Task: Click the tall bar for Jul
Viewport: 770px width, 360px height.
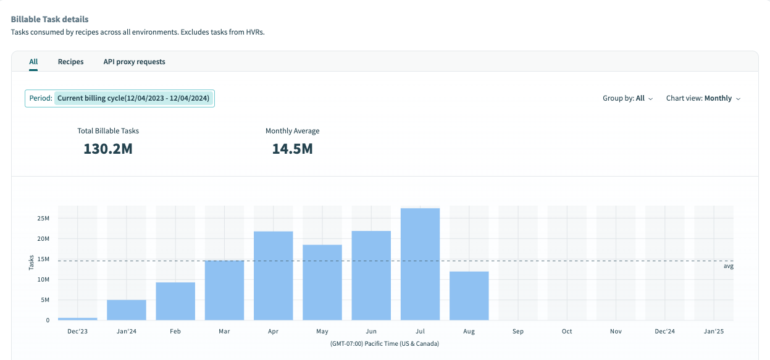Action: point(420,264)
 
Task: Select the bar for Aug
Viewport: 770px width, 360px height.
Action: point(469,295)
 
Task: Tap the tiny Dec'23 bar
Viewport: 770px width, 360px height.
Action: point(78,319)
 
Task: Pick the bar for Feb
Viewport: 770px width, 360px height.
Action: point(175,301)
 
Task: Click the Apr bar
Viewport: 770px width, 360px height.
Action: point(274,275)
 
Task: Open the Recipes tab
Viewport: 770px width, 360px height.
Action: point(71,62)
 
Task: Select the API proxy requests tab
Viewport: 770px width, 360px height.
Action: point(134,62)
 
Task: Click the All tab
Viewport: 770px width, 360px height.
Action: point(33,62)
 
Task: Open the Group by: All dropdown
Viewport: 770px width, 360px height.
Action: point(627,98)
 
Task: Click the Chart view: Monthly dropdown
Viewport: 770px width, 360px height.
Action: point(703,98)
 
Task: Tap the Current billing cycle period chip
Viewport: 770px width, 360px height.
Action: point(134,98)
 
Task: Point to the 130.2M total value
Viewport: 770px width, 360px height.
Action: point(108,149)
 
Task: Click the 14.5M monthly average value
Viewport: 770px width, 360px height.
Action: point(292,149)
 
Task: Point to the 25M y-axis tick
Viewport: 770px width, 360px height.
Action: point(43,219)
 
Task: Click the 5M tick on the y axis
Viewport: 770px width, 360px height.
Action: point(45,300)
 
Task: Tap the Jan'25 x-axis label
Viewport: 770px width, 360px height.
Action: point(714,332)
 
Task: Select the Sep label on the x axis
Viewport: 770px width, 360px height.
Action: point(517,332)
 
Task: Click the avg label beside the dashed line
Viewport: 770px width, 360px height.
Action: point(728,266)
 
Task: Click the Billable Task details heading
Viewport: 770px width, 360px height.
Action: point(49,19)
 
